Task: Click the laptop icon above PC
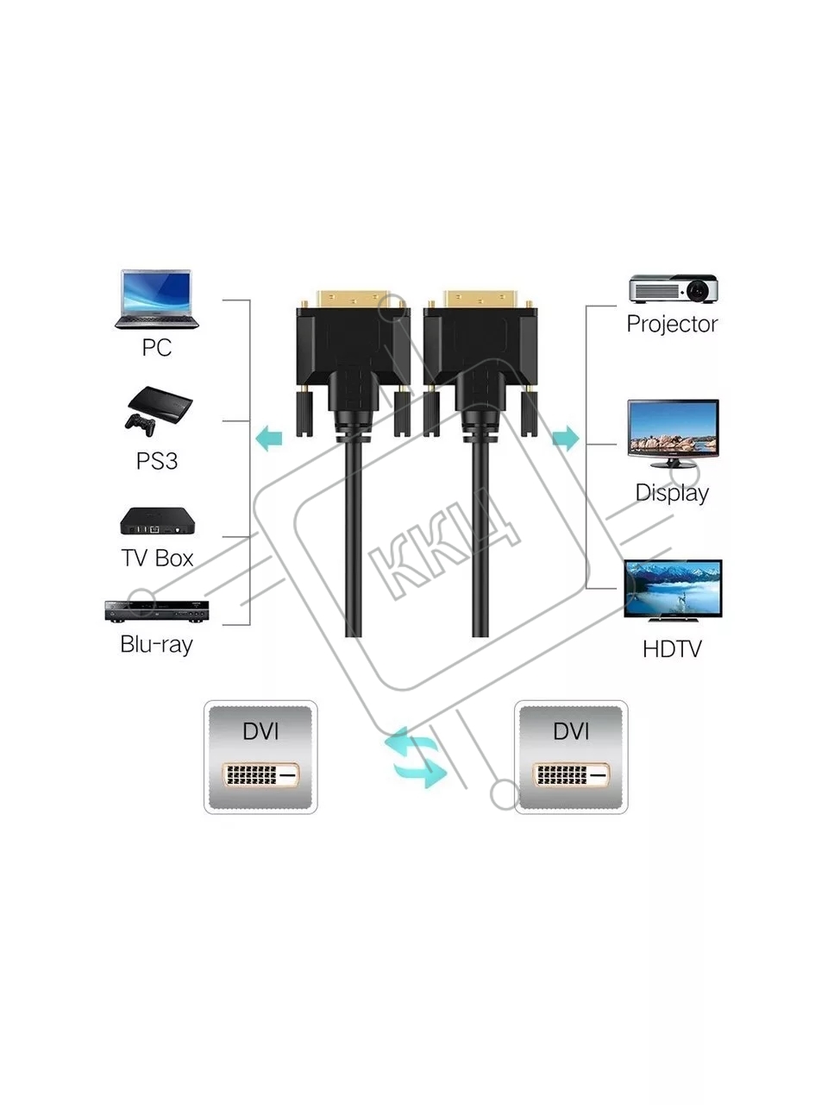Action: pyautogui.click(x=156, y=300)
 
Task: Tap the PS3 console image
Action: pyautogui.click(x=159, y=411)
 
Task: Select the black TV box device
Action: pyautogui.click(x=157, y=521)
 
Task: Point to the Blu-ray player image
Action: pyautogui.click(x=156, y=611)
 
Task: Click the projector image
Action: pyautogui.click(x=673, y=288)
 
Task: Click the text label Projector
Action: pyautogui.click(x=672, y=324)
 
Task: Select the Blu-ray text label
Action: pyautogui.click(x=156, y=644)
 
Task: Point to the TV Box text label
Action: pyautogui.click(x=157, y=559)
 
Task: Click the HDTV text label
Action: pyautogui.click(x=672, y=649)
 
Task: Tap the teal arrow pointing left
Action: pyautogui.click(x=269, y=438)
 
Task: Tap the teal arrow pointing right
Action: pyautogui.click(x=566, y=438)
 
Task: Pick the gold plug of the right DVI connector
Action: pyautogui.click(x=480, y=300)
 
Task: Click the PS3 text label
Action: pyautogui.click(x=157, y=461)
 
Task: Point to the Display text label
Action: pyautogui.click(x=672, y=493)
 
